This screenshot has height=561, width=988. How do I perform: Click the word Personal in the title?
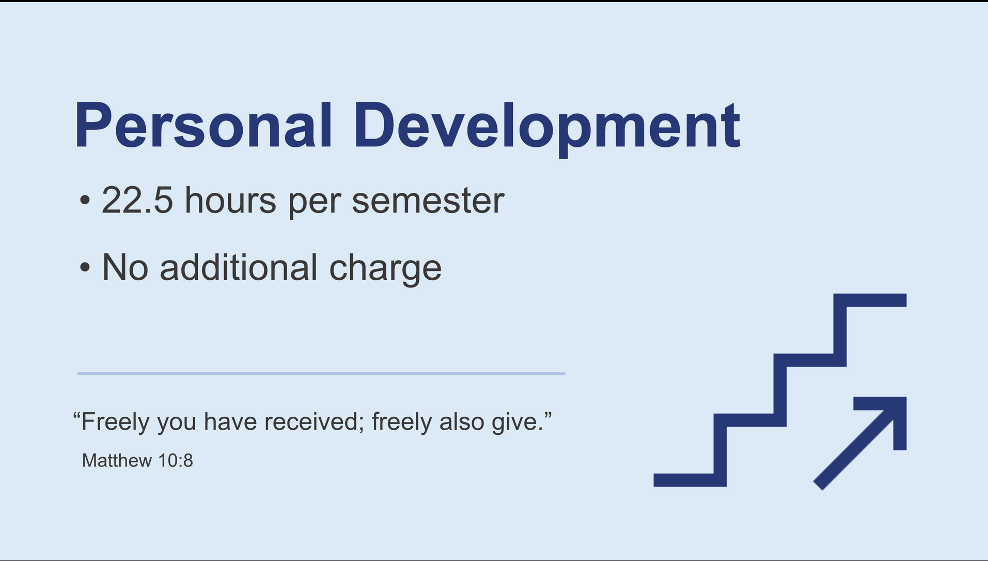[x=203, y=125]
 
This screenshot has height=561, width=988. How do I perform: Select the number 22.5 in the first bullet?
[x=137, y=200]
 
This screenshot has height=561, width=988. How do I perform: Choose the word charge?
[x=385, y=270]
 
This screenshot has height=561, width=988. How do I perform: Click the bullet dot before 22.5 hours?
[x=85, y=201]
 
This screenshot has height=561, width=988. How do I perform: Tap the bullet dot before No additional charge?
[x=85, y=268]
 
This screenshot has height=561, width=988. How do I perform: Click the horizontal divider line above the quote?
[x=321, y=373]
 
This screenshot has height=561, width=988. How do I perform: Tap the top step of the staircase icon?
[x=870, y=300]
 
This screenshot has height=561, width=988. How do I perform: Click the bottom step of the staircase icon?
[x=690, y=480]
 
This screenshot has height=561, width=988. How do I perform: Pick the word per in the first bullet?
[x=314, y=203]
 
